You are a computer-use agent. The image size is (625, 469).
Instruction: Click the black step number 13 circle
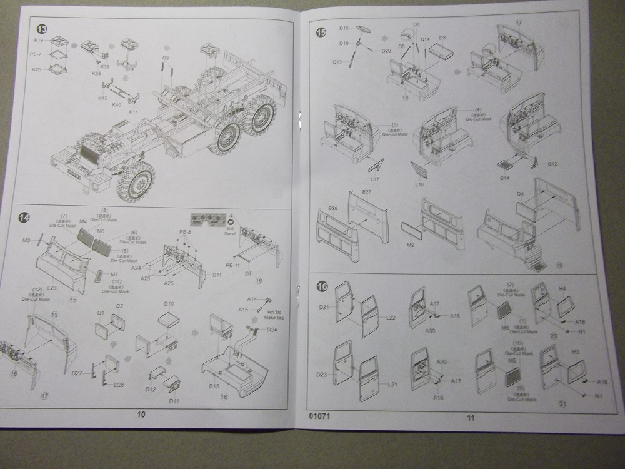point(41,29)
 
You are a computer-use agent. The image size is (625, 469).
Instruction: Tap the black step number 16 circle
point(322,286)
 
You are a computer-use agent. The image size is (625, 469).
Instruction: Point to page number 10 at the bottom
point(141,415)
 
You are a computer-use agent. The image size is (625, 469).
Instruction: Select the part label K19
point(39,40)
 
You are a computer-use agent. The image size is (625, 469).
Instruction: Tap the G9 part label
point(166,58)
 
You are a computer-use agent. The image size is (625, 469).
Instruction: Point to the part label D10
point(169,305)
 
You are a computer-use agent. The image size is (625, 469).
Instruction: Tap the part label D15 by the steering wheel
point(344,28)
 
